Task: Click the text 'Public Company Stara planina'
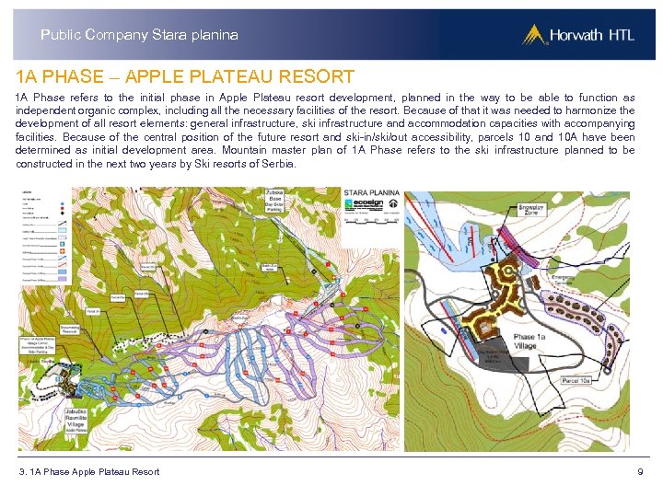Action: pyautogui.click(x=139, y=35)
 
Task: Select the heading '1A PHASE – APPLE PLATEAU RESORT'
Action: pyautogui.click(x=185, y=75)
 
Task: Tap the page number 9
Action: pyautogui.click(x=640, y=472)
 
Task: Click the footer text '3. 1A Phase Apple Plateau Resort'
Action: pyautogui.click(x=89, y=472)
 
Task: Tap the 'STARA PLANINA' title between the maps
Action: pyautogui.click(x=372, y=194)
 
